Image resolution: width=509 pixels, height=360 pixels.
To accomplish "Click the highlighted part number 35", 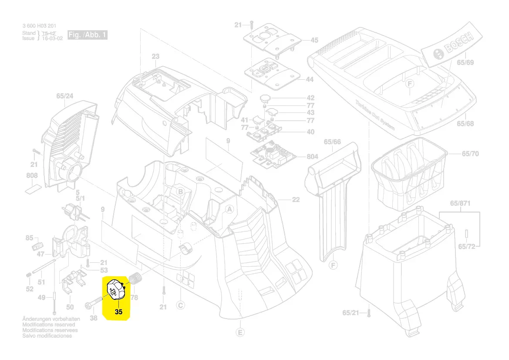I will click(119, 312).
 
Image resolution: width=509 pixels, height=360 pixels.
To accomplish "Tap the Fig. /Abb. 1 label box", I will click(88, 35).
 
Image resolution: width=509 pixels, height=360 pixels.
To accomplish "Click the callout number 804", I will click(312, 156).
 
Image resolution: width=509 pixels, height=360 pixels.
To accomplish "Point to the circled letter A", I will click(229, 209).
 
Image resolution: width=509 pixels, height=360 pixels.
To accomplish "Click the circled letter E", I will click(239, 333).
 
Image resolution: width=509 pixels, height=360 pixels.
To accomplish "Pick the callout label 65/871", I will click(461, 204).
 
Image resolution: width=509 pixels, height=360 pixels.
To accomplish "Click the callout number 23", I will click(155, 56).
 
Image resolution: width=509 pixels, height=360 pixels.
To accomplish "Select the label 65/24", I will click(65, 95).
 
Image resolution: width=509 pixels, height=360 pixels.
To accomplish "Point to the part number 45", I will click(314, 41).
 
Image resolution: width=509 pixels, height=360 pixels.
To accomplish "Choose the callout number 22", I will click(296, 200).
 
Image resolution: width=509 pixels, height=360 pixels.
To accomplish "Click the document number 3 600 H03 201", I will click(39, 27).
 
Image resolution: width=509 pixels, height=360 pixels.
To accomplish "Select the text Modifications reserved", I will click(48, 325).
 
